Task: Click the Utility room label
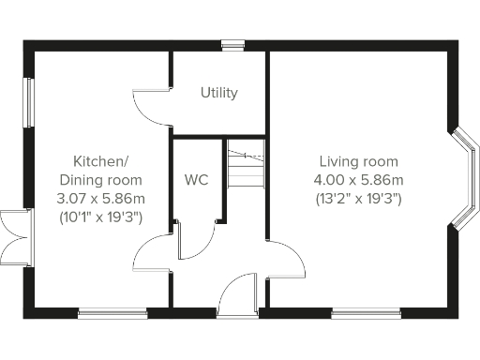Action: (219, 93)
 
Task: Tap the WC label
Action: (197, 179)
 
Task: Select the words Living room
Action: (358, 161)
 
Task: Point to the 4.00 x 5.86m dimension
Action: (358, 180)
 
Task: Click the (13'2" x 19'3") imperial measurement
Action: (358, 199)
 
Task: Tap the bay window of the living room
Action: (463, 177)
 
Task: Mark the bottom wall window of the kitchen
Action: (112, 312)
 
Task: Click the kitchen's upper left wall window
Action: (28, 101)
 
